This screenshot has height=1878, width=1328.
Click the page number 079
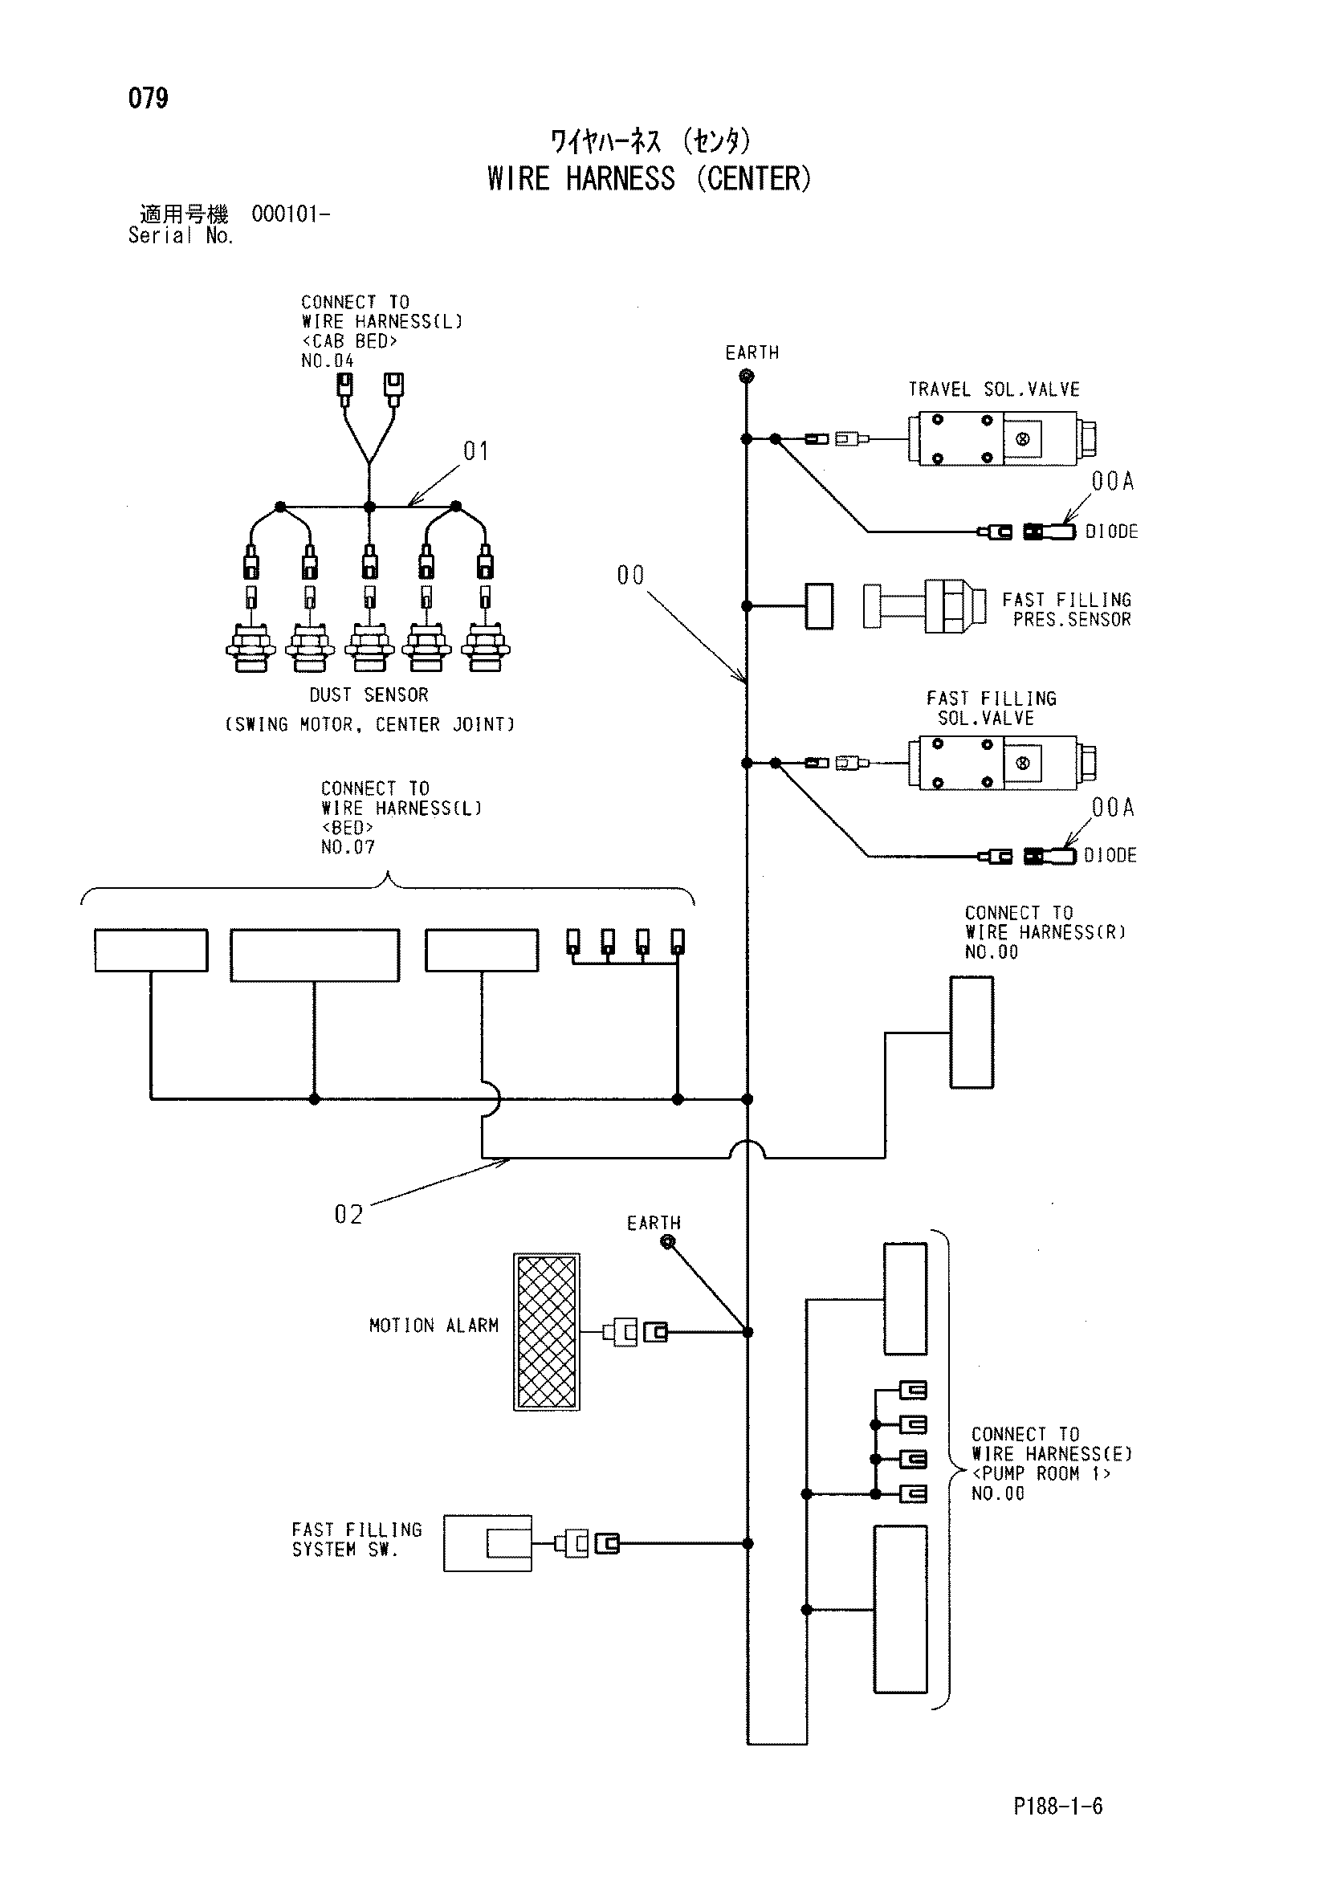[148, 98]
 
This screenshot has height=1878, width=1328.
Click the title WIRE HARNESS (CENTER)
[650, 178]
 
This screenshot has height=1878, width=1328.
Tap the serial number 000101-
[291, 214]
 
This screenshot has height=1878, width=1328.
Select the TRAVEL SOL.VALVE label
[993, 389]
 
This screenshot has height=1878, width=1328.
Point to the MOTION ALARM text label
[434, 1326]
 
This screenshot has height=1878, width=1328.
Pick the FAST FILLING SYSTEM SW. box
[487, 1543]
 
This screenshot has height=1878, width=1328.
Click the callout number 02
[348, 1215]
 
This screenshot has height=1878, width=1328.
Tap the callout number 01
[476, 450]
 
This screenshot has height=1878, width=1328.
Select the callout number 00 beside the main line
[630, 575]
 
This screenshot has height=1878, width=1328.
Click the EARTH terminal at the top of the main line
[746, 377]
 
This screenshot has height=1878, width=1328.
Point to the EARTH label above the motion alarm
[654, 1223]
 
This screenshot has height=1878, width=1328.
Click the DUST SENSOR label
[369, 695]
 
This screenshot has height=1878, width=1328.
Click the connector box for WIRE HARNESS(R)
[972, 1033]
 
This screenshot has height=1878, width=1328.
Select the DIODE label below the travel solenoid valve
[1111, 532]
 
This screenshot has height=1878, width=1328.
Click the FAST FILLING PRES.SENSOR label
[1067, 610]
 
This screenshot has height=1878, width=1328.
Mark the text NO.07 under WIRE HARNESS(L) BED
[348, 847]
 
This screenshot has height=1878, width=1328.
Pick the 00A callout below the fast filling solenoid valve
[1113, 807]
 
